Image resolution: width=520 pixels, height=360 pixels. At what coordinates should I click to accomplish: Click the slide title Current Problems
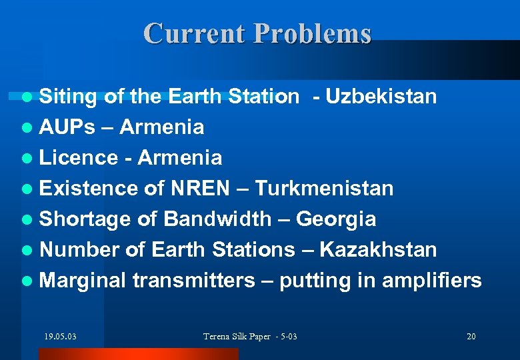point(257,33)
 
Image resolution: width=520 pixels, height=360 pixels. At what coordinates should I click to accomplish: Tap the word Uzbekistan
point(380,97)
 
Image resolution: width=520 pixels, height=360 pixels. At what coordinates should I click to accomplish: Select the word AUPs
point(67,127)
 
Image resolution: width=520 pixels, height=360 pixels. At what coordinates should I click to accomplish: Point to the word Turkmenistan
point(324,188)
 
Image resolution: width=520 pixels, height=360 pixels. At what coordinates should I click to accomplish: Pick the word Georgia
point(336,219)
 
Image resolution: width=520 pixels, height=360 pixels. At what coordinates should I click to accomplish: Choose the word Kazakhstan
point(378,249)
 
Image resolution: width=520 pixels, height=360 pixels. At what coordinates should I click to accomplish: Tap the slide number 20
point(471,336)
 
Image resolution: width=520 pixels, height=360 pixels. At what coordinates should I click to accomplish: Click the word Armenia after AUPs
point(163,127)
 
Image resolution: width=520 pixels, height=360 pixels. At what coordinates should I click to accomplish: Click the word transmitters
point(193,280)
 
